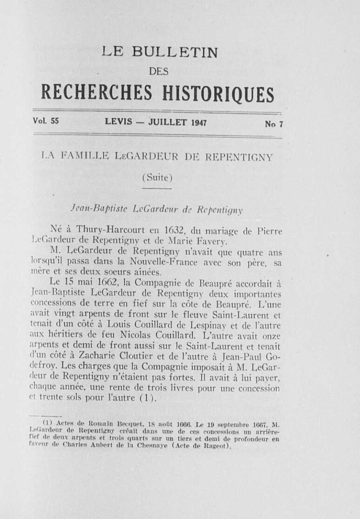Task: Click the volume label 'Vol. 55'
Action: pyautogui.click(x=46, y=121)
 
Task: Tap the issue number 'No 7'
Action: pyautogui.click(x=274, y=124)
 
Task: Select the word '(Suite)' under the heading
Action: pyautogui.click(x=157, y=177)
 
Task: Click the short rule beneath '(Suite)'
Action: pyautogui.click(x=157, y=188)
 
